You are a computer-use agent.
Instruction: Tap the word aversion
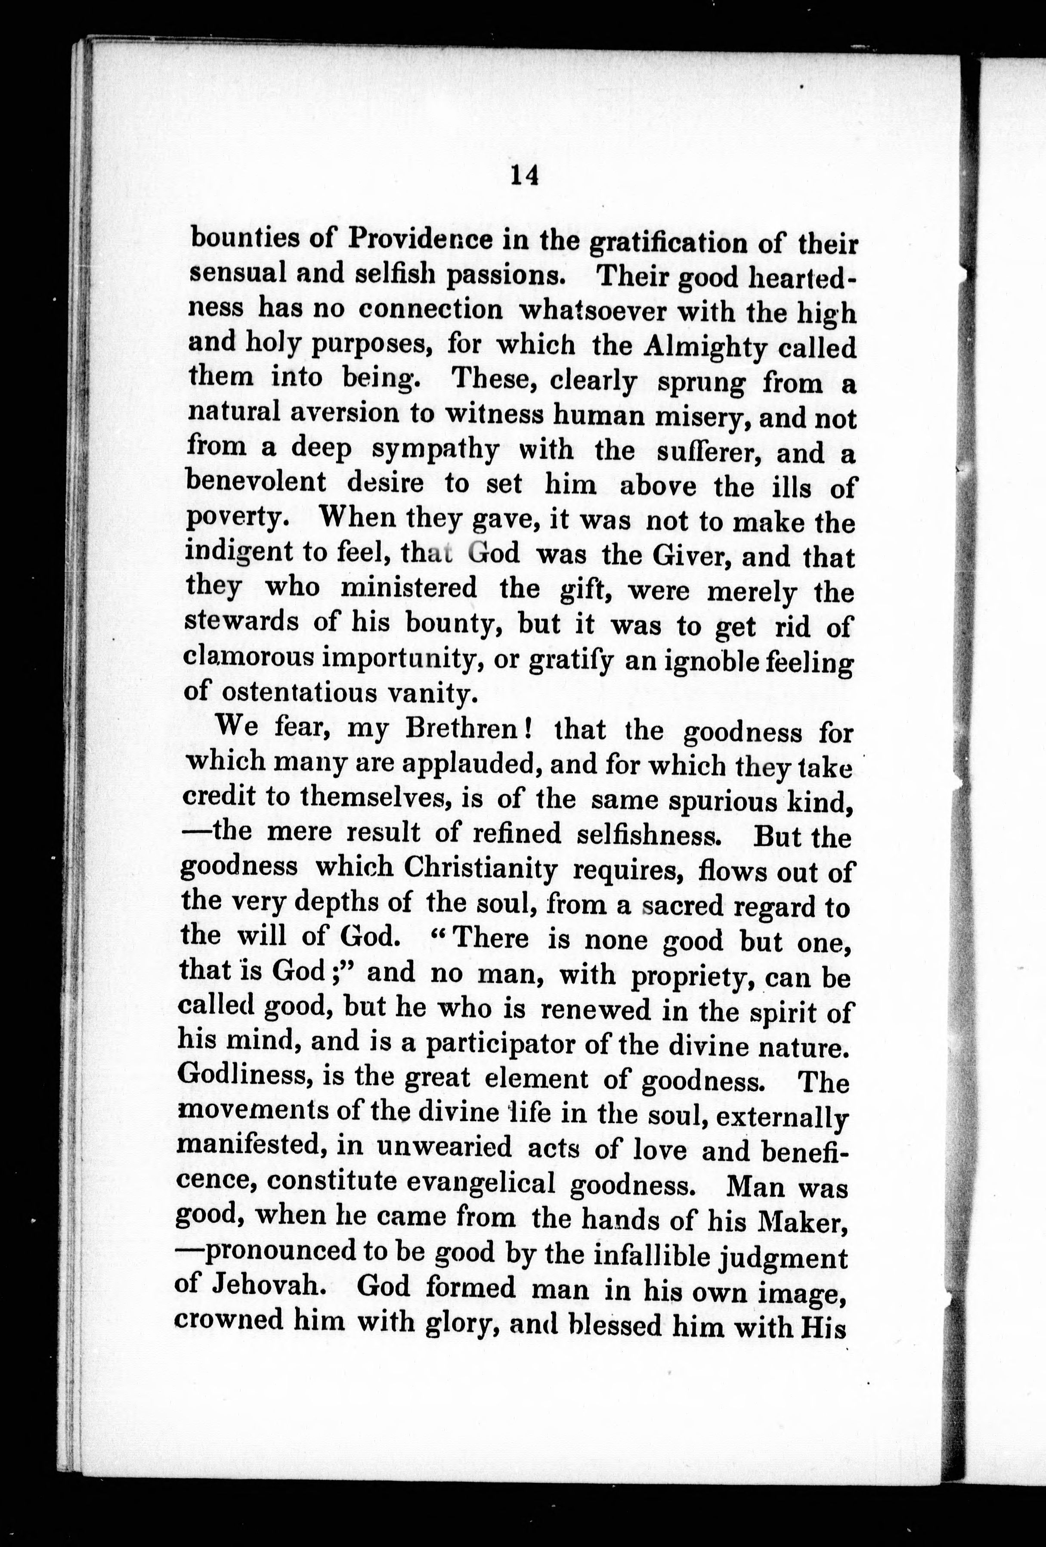(344, 414)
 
